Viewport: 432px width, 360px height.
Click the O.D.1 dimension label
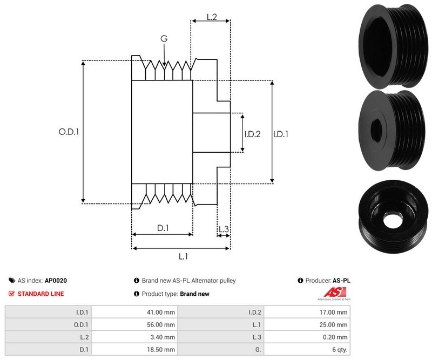click(x=69, y=131)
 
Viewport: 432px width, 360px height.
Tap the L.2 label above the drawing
click(x=211, y=17)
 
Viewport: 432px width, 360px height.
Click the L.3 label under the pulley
click(x=224, y=229)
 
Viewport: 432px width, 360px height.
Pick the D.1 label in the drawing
click(x=163, y=228)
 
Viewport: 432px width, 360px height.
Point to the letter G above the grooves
click(x=164, y=39)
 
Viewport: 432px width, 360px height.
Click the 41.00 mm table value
click(x=162, y=312)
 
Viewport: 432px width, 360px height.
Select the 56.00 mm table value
click(x=162, y=325)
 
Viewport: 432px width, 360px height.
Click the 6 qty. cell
click(x=338, y=350)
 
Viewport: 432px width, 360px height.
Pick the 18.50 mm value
click(x=162, y=350)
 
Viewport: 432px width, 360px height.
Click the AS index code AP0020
click(x=56, y=281)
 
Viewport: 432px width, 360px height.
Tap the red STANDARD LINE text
click(x=40, y=294)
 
